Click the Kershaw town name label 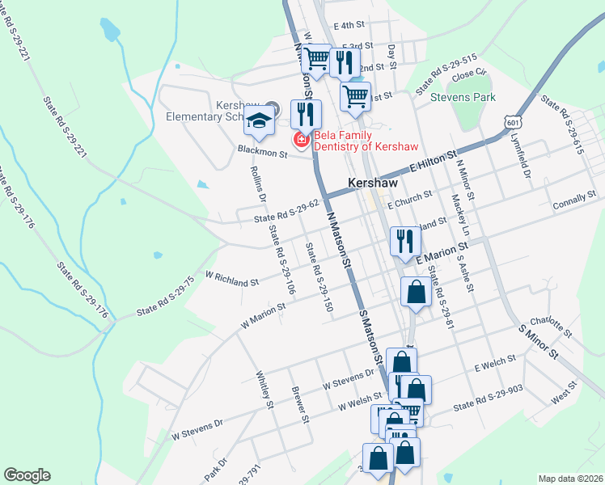click(372, 183)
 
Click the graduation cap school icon click(260, 122)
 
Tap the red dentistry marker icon click(302, 141)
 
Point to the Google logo click(27, 475)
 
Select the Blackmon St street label click(262, 150)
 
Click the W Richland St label click(232, 279)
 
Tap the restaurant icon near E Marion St click(404, 240)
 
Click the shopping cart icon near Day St click(355, 96)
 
